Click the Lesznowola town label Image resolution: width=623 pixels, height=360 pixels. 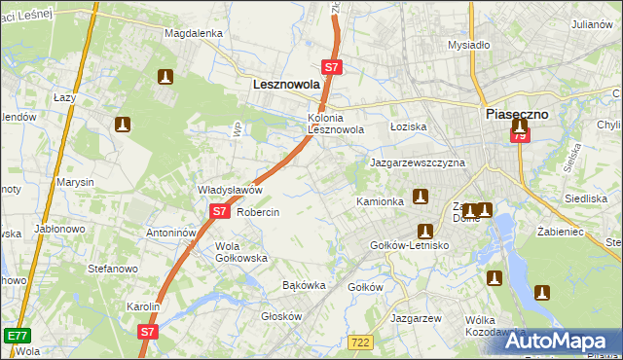click(286, 86)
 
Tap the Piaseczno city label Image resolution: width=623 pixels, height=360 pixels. click(517, 114)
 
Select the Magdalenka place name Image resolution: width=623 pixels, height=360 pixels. click(194, 32)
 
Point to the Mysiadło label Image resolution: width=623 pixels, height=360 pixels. click(467, 45)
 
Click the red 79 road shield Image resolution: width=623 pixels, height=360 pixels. click(520, 136)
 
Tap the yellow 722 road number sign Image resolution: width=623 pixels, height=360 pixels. click(360, 341)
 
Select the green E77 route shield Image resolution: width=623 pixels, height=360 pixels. click(16, 335)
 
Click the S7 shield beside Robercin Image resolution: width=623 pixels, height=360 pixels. click(219, 211)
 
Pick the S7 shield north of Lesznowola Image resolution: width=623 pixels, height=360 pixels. click(332, 67)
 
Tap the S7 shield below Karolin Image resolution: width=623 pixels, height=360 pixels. click(147, 331)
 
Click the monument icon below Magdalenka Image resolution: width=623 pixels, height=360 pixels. click(165, 77)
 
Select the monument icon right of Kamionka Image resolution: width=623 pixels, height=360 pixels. click(421, 197)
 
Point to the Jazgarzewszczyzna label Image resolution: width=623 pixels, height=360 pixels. click(417, 163)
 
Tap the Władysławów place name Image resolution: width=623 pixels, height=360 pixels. click(231, 190)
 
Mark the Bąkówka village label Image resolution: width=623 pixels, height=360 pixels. click(303, 286)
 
